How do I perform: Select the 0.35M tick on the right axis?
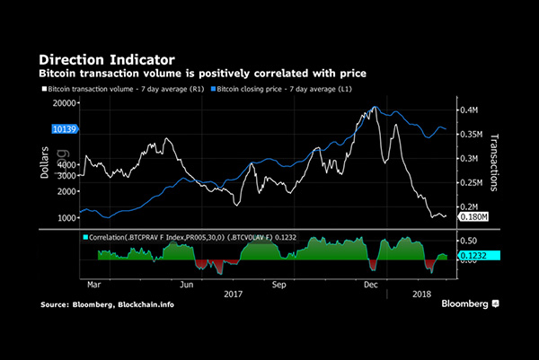pos(472,135)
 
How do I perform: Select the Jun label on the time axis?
pos(189,283)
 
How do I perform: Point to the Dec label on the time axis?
pos(368,283)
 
